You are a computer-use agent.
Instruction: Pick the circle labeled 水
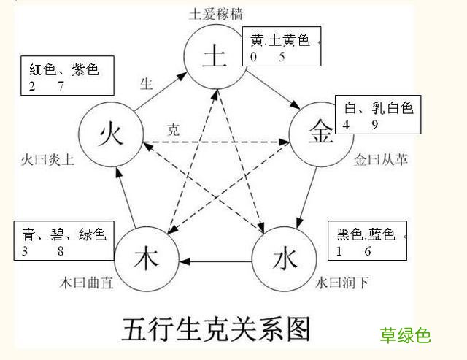point(284,258)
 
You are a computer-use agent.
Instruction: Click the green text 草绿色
point(405,335)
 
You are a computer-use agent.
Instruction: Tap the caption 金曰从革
point(381,159)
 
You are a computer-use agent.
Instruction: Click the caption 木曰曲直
point(86,283)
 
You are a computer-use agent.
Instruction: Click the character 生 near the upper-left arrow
point(146,83)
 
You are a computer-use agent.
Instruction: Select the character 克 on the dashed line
point(173,131)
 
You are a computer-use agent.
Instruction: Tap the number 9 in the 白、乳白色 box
point(374,125)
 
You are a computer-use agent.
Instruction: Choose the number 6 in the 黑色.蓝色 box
point(368,252)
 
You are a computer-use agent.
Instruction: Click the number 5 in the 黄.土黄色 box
point(281,57)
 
